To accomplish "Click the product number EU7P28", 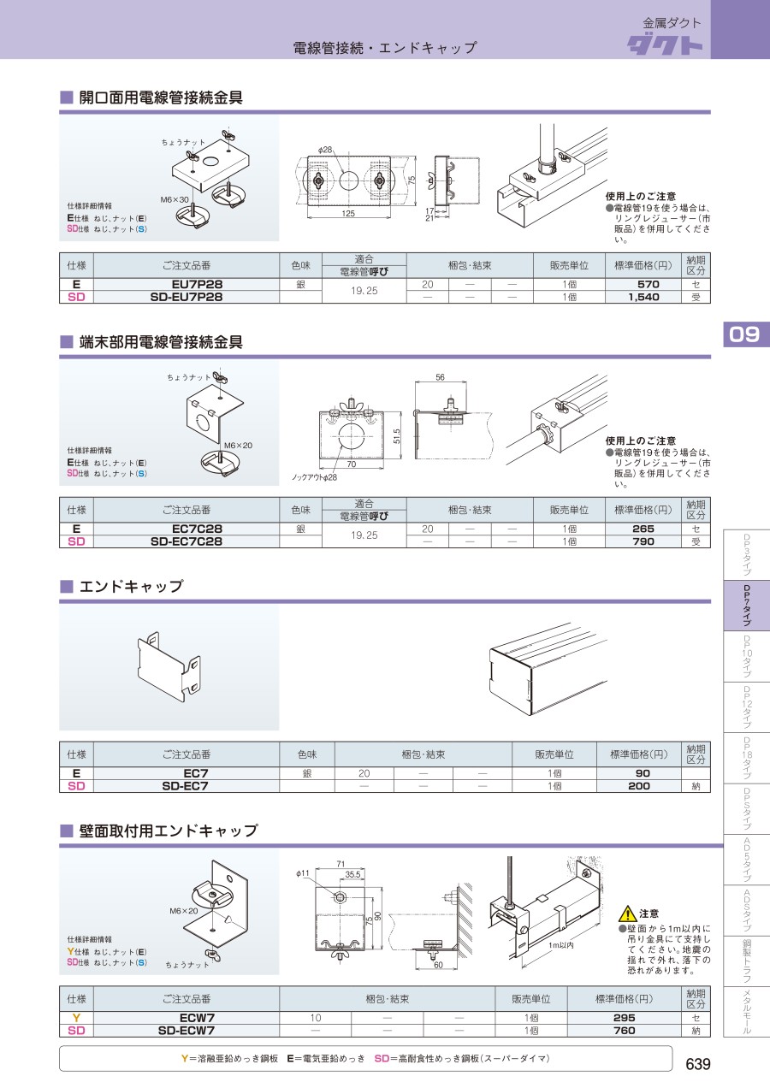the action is coord(197,284).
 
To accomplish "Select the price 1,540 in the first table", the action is coord(643,297).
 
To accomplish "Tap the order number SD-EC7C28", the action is coord(186,541).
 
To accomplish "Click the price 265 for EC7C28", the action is coord(643,529).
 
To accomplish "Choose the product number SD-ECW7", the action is coord(186,1030).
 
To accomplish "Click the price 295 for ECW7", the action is coord(625,1018).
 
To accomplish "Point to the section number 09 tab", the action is coord(745,334).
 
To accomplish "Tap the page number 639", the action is coord(697,1064).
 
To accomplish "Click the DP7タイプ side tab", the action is coord(747,606).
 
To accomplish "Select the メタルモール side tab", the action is coord(747,1012).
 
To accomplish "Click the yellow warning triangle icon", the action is coord(628,914).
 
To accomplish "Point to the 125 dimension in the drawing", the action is coord(348,213).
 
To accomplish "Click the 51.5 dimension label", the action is coord(397,436).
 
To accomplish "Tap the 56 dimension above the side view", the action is coord(440,377).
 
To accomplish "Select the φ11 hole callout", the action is coord(303,873).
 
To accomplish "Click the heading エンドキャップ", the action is coord(131,586).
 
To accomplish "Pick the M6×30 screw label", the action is coord(175,199).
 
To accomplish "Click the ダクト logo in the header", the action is coord(665,44).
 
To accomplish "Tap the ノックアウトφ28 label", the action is coord(314,477).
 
